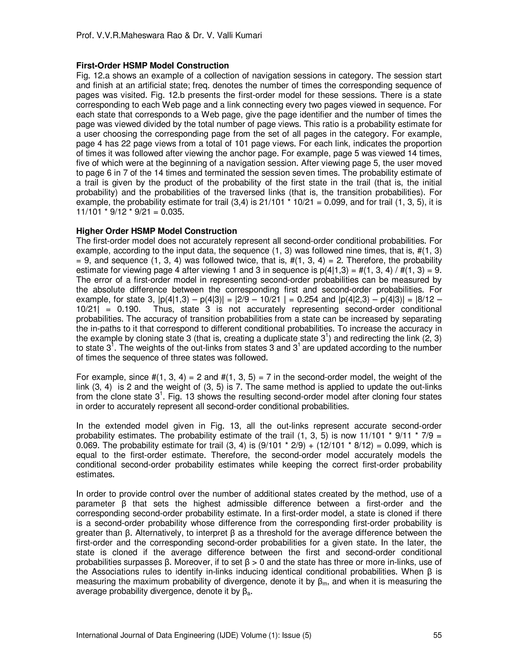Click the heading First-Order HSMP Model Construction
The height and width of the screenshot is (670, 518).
(153, 66)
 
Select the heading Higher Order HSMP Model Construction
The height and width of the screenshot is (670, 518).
(157, 231)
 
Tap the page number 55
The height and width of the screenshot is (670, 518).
(437, 635)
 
